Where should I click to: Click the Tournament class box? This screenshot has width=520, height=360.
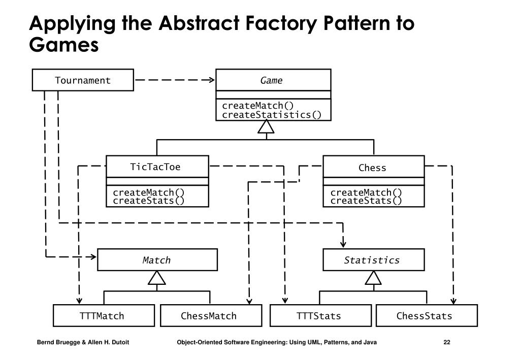coord(83,80)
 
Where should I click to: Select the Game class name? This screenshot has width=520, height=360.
coord(271,81)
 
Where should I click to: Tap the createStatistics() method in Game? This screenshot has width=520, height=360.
coord(272,115)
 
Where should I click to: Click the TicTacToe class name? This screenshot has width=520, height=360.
coord(155,167)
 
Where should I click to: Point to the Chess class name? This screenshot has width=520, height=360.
coord(372,168)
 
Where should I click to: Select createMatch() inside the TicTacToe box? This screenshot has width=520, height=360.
coord(149,192)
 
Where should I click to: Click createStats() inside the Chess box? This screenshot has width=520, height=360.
coord(366,201)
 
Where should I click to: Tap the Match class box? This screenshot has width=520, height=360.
coord(157,260)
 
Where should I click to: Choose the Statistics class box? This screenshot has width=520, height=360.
coord(374,260)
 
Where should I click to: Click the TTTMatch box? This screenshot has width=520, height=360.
coord(104,316)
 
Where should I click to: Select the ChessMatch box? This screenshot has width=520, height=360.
coord(211,316)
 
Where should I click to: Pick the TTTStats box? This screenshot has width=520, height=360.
coord(321,316)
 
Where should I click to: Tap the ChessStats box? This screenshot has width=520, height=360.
coord(427,316)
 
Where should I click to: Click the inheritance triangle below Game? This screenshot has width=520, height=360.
coord(266,127)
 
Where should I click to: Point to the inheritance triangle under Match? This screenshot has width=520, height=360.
coord(156,278)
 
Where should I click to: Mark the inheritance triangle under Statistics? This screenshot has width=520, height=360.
coord(373,278)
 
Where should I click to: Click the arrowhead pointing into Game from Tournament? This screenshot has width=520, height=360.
coord(211,80)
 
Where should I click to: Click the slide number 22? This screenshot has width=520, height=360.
coord(447,342)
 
